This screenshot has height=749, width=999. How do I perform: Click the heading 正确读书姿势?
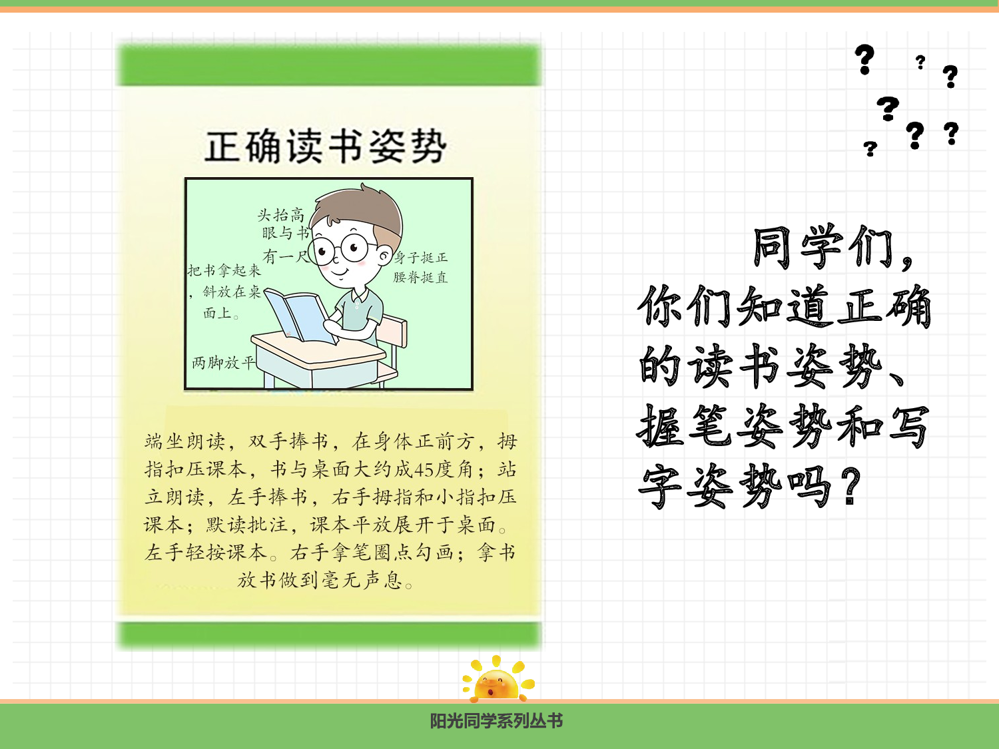[325, 147]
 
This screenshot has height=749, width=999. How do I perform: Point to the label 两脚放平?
[223, 363]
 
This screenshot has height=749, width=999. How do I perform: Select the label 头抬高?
[280, 215]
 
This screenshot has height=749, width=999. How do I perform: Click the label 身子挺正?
[421, 258]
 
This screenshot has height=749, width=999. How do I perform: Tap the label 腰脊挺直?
[420, 278]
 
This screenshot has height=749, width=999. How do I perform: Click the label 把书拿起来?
[224, 270]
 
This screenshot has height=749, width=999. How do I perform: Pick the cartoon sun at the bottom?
[497, 680]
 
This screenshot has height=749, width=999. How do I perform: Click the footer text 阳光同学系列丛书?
[496, 721]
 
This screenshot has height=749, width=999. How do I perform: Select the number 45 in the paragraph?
[424, 470]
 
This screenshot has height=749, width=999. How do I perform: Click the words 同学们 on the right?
[823, 248]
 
